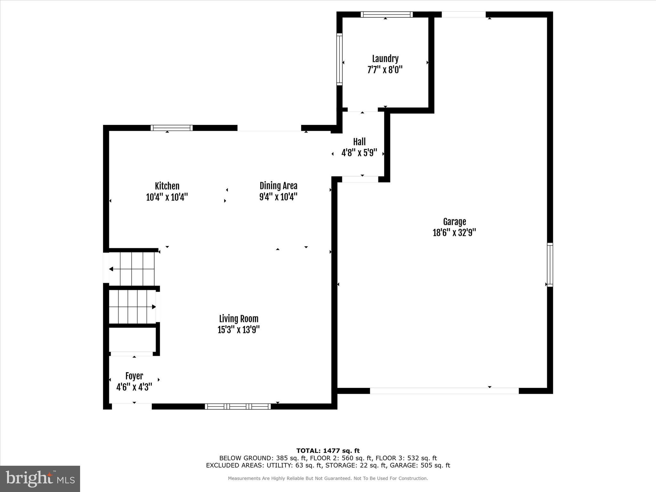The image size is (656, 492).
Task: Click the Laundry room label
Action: point(385,59)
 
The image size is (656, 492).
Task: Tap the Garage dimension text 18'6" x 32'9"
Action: point(454,233)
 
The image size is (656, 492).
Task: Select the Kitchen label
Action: point(167,186)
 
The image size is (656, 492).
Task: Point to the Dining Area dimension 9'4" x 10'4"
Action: point(278,197)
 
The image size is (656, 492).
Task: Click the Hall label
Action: point(359,142)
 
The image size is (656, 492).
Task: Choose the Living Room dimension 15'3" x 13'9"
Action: point(238,330)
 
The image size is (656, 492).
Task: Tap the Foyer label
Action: point(134,376)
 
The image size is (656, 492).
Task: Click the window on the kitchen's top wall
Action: point(171,128)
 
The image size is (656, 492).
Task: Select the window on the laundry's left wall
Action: point(340,59)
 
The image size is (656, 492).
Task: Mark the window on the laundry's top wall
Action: point(386,14)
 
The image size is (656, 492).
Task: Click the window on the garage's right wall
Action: point(550,265)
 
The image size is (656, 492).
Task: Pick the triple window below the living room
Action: point(238,406)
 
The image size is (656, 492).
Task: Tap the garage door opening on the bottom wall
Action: point(444,391)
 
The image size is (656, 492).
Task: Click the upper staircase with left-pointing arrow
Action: point(132,269)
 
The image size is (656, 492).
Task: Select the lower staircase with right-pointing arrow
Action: point(132,307)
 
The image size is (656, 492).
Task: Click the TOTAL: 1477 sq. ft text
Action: point(328,451)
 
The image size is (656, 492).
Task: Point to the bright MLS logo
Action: point(40,479)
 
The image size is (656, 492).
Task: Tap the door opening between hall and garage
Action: point(360,179)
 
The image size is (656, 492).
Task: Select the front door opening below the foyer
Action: point(131,406)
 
